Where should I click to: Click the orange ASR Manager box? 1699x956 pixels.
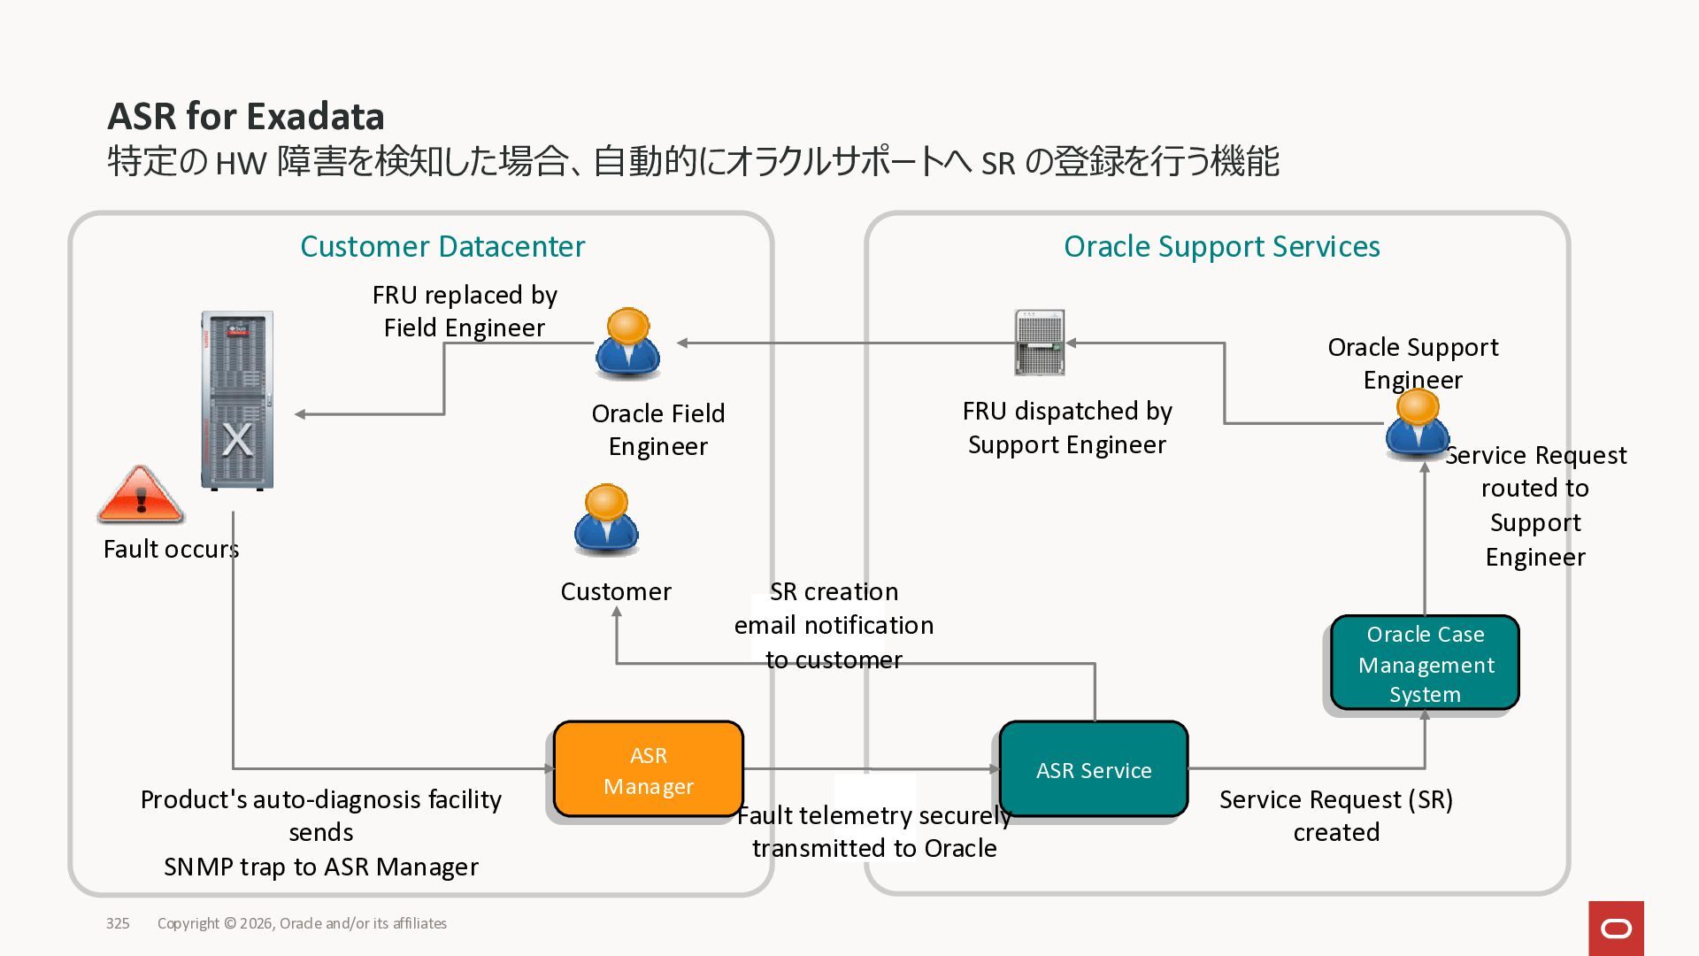tap(648, 769)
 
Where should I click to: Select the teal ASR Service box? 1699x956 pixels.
tap(1094, 769)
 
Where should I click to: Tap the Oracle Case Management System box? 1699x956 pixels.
tap(1425, 663)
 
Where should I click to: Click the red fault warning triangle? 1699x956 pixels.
tap(140, 494)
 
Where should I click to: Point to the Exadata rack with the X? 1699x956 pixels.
tap(236, 400)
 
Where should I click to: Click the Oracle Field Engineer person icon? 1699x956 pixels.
tap(627, 343)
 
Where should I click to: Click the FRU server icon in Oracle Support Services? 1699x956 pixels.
tap(1040, 343)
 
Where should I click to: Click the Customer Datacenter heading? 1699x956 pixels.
tap(442, 246)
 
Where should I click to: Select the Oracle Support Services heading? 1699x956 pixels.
tap(1221, 246)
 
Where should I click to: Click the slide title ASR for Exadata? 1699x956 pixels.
tap(246, 116)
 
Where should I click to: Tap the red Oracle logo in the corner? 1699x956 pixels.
tap(1616, 928)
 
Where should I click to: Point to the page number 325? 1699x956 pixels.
tap(118, 923)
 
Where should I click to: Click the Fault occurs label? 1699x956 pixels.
tap(171, 549)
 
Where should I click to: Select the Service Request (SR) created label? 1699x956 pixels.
tap(1336, 815)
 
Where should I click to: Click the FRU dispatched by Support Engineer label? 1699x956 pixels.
tap(1067, 428)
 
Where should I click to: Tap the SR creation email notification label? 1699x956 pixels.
tap(834, 625)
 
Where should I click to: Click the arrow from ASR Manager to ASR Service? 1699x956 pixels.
tap(872, 768)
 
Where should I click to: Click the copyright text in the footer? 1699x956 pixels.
tap(302, 923)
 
